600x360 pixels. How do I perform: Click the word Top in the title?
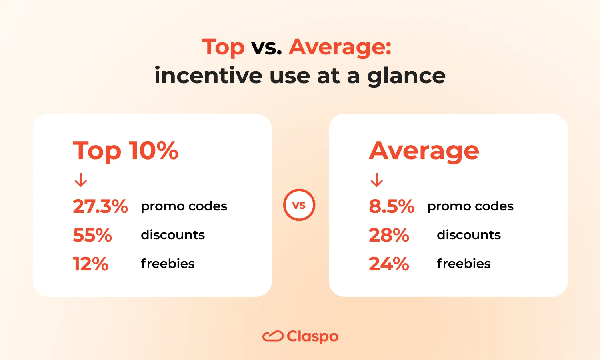[x=223, y=48]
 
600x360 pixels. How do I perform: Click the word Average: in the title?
[x=340, y=48]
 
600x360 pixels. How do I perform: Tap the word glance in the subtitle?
[x=406, y=76]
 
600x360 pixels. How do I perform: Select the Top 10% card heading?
[x=126, y=151]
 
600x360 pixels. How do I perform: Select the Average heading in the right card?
[x=424, y=151]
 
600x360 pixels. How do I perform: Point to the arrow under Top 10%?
[x=81, y=180]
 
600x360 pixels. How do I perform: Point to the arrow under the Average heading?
[x=377, y=180]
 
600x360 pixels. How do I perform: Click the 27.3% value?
[x=100, y=206]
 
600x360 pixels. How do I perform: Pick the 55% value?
[x=92, y=235]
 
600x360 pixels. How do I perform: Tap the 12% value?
[x=90, y=264]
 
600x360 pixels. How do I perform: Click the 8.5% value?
[x=392, y=206]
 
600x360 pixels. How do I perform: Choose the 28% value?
[x=389, y=235]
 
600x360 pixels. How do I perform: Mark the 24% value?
[x=389, y=264]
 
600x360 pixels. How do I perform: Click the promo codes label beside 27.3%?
[x=184, y=206]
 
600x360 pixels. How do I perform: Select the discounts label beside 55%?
[x=173, y=235]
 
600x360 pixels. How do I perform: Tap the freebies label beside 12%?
[x=168, y=264]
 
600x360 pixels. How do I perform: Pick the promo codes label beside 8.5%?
[x=470, y=206]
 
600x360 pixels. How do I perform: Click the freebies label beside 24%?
[x=464, y=264]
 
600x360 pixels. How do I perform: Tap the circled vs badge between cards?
[x=299, y=205]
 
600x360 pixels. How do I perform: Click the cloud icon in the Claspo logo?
[x=273, y=336]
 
